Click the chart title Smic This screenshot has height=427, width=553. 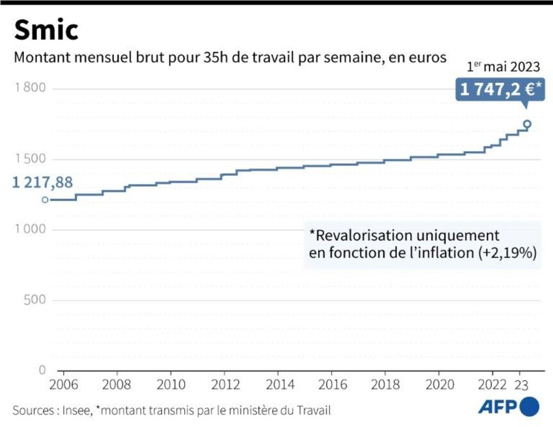coord(46,30)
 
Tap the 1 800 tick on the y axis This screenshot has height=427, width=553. coord(31,89)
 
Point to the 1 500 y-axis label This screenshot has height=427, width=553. coord(31,159)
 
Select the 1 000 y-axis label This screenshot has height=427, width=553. coord(31,229)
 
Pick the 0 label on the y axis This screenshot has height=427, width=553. coord(42,370)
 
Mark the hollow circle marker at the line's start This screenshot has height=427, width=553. coord(45,200)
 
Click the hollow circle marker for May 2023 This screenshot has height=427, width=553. coord(527,124)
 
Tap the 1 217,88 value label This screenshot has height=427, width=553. coord(42,182)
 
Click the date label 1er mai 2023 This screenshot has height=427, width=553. coord(503,67)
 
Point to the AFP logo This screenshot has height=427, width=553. coord(508,406)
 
